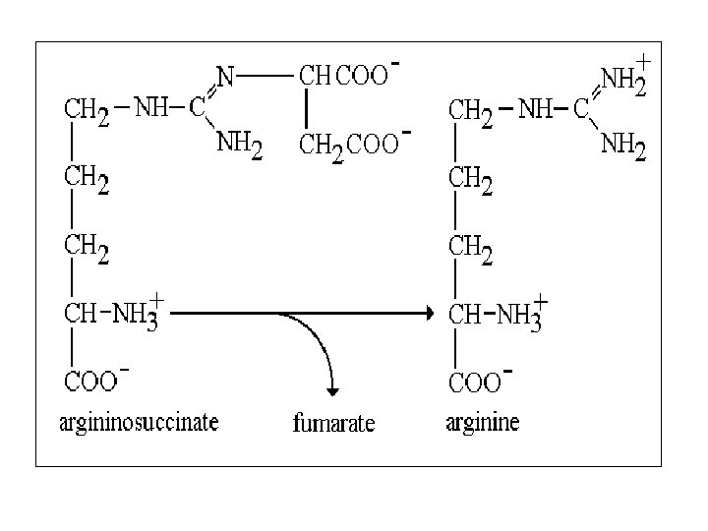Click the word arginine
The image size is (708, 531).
click(483, 424)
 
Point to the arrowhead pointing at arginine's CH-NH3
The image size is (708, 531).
click(427, 314)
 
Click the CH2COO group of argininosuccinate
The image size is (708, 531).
click(348, 146)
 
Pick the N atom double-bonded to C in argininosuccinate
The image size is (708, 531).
click(224, 75)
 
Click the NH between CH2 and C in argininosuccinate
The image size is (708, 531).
click(151, 108)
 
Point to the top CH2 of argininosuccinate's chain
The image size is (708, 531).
click(88, 110)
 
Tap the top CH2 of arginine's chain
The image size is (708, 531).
click(471, 110)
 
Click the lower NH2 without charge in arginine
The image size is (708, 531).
click(623, 149)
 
